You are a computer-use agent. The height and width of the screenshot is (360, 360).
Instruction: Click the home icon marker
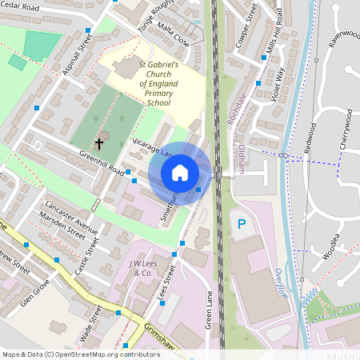[180, 172]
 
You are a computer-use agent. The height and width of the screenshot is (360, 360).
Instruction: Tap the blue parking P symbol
[241, 223]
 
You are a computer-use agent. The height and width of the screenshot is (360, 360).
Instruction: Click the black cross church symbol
[100, 145]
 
